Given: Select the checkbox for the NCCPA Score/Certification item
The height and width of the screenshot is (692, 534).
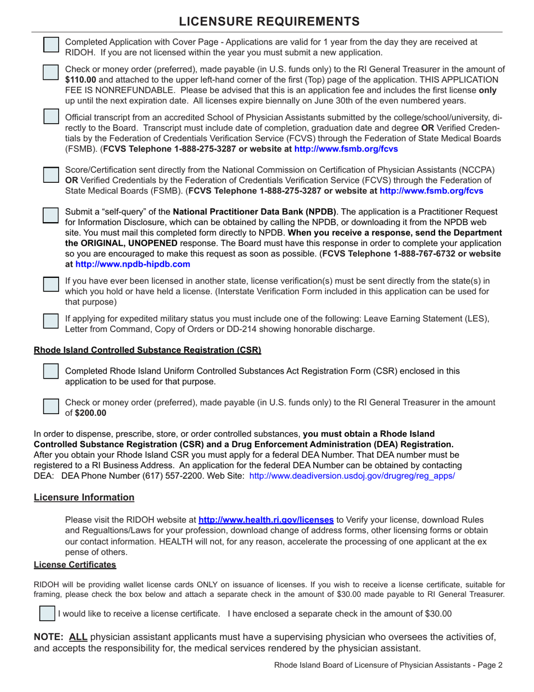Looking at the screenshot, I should tap(51, 174).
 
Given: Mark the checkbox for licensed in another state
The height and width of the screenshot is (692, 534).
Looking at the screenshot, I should tap(51, 284).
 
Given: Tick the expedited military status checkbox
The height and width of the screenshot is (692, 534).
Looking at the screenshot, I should tap(51, 320).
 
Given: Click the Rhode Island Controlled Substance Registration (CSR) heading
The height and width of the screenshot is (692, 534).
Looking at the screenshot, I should tap(147, 350).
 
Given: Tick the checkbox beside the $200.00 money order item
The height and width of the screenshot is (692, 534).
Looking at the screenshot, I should tap(51, 407).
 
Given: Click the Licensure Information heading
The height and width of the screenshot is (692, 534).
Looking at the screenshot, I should tap(84, 497).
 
